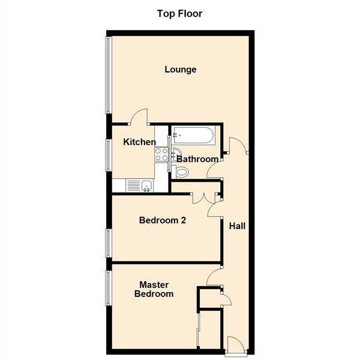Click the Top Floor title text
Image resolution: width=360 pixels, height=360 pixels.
[180, 13]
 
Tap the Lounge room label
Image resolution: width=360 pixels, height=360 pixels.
[181, 70]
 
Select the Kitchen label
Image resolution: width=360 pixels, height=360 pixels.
[139, 142]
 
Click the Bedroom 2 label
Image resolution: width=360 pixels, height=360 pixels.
[162, 220]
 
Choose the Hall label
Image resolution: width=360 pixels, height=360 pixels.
[237, 226]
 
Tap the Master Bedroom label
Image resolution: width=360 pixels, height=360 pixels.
[154, 289]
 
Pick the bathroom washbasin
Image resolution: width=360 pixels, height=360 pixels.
[176, 151]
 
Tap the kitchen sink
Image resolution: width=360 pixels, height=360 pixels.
[146, 186]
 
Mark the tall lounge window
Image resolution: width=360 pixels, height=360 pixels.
[108, 75]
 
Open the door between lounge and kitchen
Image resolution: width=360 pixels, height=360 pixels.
[139, 117]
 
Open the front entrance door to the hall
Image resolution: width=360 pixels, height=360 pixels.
[235, 346]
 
